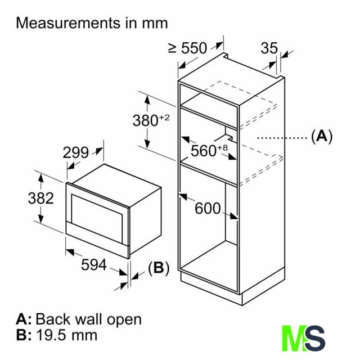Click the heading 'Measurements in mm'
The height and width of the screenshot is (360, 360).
point(92,23)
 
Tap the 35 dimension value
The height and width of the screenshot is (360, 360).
point(269,48)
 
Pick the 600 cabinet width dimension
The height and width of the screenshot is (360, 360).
point(208,208)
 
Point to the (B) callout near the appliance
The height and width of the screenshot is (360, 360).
point(158,268)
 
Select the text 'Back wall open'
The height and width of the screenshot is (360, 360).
point(88,319)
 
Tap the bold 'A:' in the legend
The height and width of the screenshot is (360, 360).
point(24,319)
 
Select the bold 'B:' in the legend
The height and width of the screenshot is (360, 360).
point(24,336)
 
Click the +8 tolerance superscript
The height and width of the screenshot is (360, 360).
point(223,147)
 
